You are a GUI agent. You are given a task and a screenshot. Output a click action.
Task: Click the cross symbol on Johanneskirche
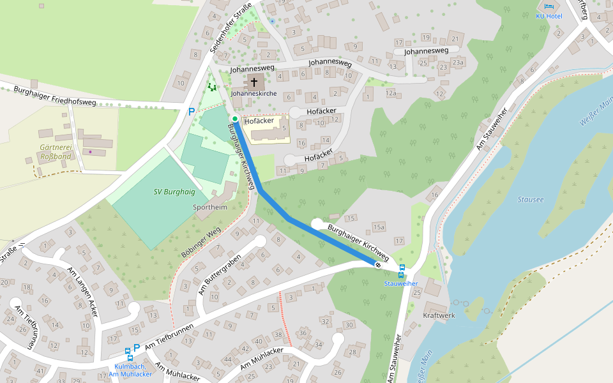(254, 82)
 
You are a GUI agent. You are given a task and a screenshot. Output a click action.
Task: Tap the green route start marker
(235, 119)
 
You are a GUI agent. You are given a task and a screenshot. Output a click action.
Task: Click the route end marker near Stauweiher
(378, 264)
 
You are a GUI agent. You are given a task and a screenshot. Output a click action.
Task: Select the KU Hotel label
(549, 16)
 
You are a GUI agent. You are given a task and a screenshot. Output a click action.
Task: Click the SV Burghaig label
(174, 191)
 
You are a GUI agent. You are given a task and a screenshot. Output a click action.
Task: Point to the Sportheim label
(210, 207)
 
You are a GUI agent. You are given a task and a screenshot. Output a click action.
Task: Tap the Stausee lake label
(530, 200)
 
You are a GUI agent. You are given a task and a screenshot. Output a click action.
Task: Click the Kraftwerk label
(439, 316)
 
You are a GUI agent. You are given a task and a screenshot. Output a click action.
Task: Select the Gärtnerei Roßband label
(56, 151)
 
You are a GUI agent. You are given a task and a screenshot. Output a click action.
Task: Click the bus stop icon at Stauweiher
(402, 271)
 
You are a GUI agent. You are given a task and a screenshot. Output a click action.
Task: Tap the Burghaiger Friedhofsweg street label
(54, 96)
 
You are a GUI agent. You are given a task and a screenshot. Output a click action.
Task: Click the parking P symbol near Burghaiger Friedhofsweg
(190, 112)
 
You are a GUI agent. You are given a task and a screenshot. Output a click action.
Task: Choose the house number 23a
(458, 63)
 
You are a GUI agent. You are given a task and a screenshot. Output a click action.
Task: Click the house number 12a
(391, 94)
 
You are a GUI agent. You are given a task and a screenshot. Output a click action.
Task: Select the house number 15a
(379, 227)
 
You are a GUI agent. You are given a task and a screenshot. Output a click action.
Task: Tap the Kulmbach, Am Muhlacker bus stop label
(133, 370)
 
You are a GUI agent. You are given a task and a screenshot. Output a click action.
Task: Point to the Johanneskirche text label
(254, 93)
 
